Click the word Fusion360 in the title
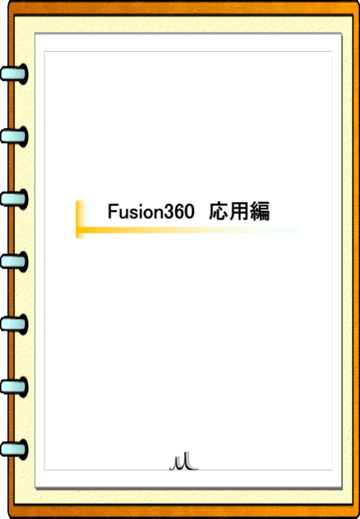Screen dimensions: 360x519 pos(151,211)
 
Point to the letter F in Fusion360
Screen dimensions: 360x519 pos(113,211)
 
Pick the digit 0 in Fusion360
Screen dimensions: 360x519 pos(189,212)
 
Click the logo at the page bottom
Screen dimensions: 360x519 pos(184,463)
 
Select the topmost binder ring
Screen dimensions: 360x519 pos(14,73)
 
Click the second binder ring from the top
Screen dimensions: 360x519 pos(14,136)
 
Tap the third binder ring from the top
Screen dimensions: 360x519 pos(14,199)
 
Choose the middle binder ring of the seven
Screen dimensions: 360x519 pos(14,262)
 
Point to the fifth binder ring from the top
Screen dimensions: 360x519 pos(14,324)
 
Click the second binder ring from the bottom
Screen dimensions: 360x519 pos(14,386)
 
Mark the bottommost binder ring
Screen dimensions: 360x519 pos(14,449)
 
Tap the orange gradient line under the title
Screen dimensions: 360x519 pos(188,230)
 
